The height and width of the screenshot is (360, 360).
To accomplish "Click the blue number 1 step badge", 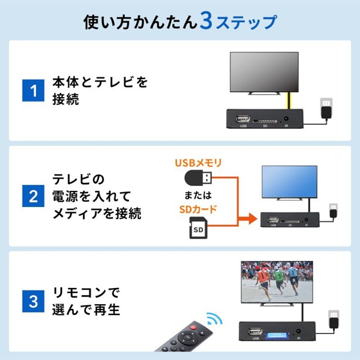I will click(34, 91).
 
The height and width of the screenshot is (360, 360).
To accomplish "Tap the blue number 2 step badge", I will click(34, 196).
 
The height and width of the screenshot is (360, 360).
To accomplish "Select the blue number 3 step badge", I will click(34, 301).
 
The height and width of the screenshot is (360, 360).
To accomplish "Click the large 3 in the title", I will click(205, 22).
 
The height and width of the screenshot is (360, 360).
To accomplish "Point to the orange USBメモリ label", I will click(198, 163).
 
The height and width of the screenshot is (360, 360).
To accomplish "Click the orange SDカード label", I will click(198, 209).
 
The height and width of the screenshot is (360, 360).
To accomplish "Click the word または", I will click(198, 195).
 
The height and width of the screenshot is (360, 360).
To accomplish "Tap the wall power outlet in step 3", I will click(332, 316).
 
